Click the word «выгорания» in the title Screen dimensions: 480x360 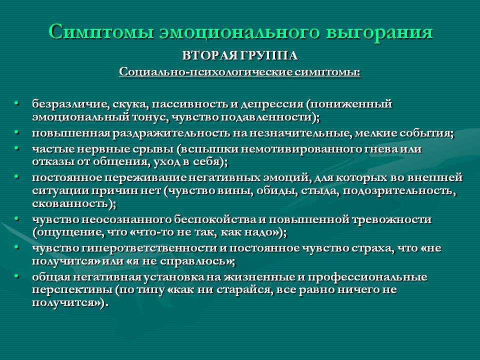[x=379, y=32]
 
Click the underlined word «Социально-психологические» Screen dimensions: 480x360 [x=205, y=72]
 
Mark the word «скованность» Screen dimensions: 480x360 [x=70, y=203]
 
